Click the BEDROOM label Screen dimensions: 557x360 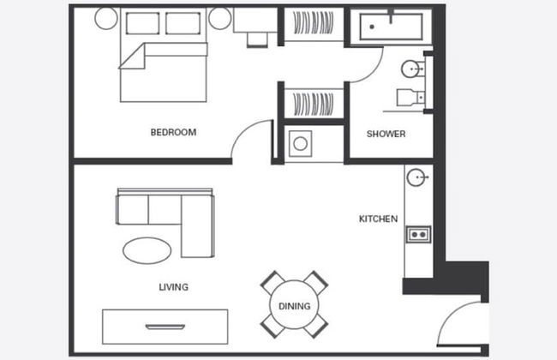pyautogui.click(x=173, y=132)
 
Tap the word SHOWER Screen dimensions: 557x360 pyautogui.click(x=386, y=134)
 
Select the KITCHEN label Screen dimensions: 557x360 pyautogui.click(x=378, y=219)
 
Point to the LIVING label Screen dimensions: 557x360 pyautogui.click(x=174, y=287)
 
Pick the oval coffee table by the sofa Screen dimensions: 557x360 pyautogui.click(x=147, y=250)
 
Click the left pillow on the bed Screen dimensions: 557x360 pyautogui.click(x=142, y=23)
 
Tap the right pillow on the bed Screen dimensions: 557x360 pyautogui.click(x=183, y=23)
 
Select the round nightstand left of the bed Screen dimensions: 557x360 pyautogui.click(x=106, y=18)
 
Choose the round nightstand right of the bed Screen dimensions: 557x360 pyautogui.click(x=220, y=18)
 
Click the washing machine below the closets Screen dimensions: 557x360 pyautogui.click(x=300, y=144)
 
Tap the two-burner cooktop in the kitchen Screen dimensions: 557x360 pyautogui.click(x=418, y=235)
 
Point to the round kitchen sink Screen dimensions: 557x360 pyautogui.click(x=416, y=177)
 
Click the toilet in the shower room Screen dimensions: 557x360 pyautogui.click(x=410, y=98)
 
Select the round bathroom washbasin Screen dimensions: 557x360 pyautogui.click(x=410, y=69)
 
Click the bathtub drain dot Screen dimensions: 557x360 pyautogui.click(x=372, y=27)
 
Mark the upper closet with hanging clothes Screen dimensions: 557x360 pyautogui.click(x=314, y=23)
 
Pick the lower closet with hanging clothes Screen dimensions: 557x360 pyautogui.click(x=314, y=104)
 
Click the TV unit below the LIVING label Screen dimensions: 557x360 pyautogui.click(x=165, y=327)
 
